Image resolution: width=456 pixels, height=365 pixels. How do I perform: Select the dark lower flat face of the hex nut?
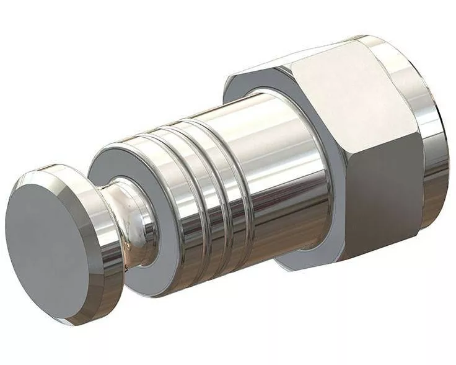coord(366,205)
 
